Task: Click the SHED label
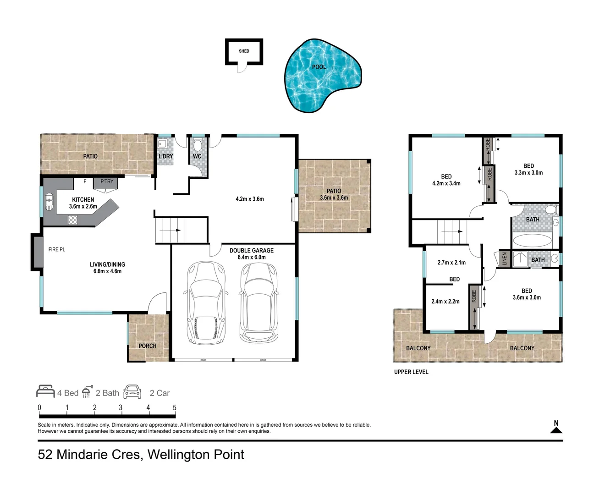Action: (244, 51)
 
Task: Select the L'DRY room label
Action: (165, 156)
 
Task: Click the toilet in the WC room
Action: (198, 145)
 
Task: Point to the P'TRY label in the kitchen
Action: (107, 181)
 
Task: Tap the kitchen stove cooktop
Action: (73, 220)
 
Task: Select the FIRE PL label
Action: (57, 249)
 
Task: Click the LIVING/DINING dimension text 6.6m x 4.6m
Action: (107, 271)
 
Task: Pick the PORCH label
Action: (148, 346)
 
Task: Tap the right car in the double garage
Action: (259, 302)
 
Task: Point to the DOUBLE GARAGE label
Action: (252, 251)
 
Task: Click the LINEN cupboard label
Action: (505, 258)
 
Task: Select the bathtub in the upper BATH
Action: (532, 241)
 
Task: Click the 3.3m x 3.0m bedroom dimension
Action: (528, 173)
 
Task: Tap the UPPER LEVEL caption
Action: (411, 372)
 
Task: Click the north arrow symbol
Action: (556, 430)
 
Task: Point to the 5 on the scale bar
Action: (175, 407)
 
